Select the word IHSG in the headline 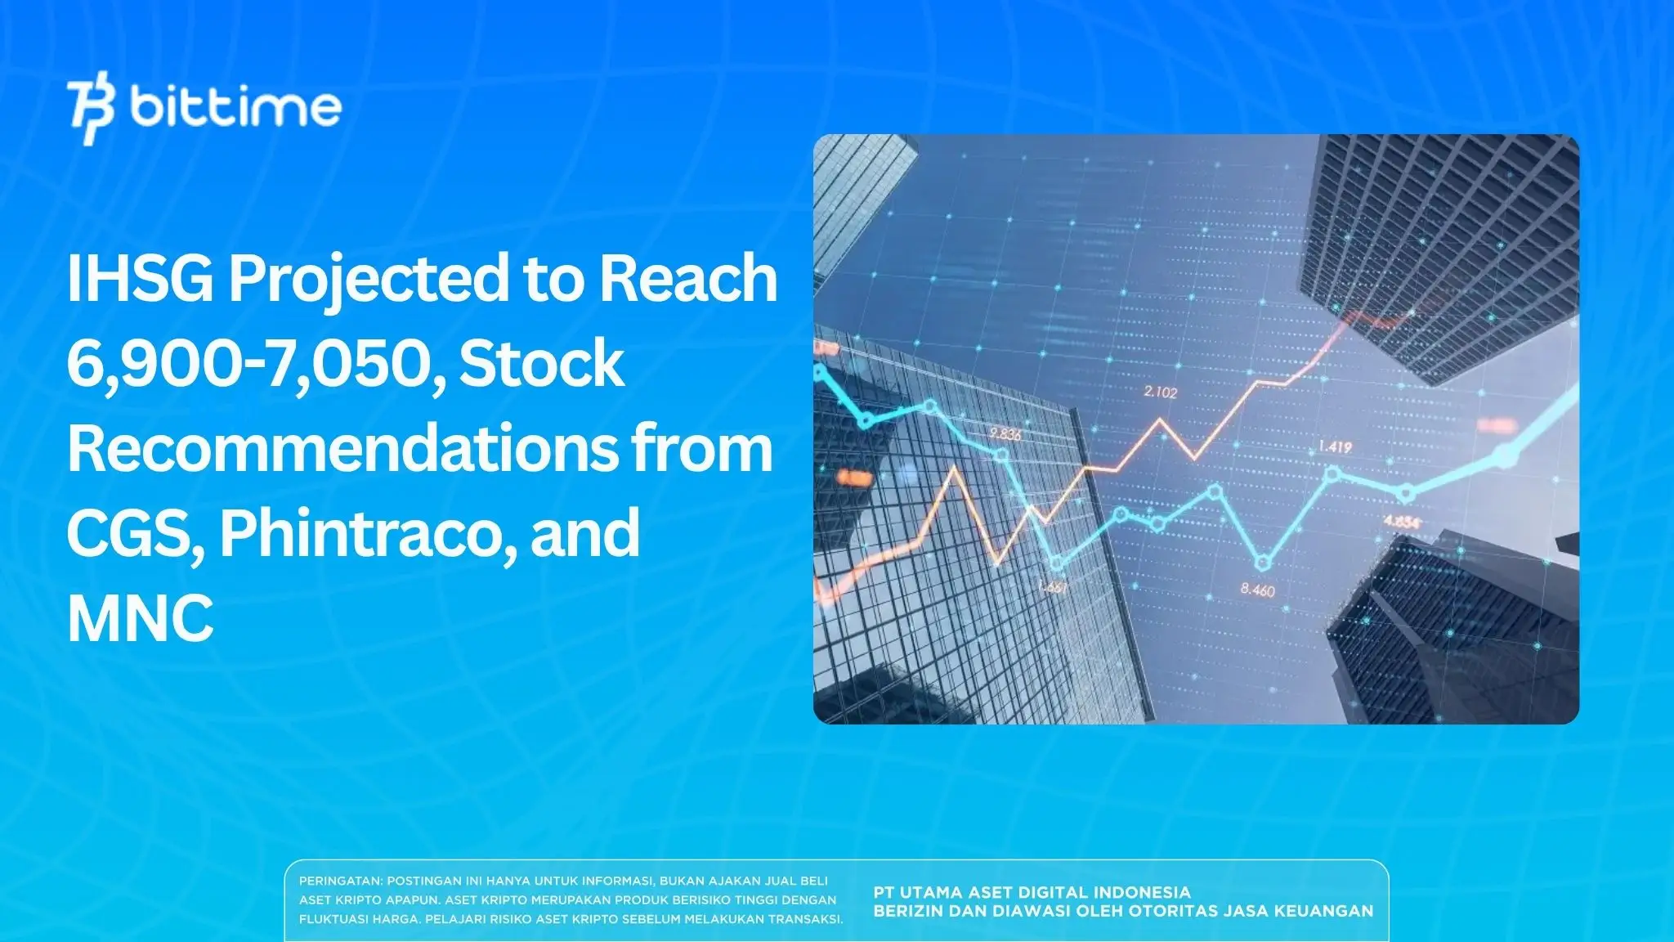pos(140,279)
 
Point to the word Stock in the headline pos(541,363)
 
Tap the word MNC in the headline pos(140,618)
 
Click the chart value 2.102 pos(1160,392)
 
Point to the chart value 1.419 pos(1334,447)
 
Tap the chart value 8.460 pos(1257,590)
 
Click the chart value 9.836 pos(1005,434)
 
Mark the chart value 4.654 pos(1401,522)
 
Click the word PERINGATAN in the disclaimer pos(340,881)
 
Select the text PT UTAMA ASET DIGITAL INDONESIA pos(1032,892)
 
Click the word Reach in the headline pos(688,279)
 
